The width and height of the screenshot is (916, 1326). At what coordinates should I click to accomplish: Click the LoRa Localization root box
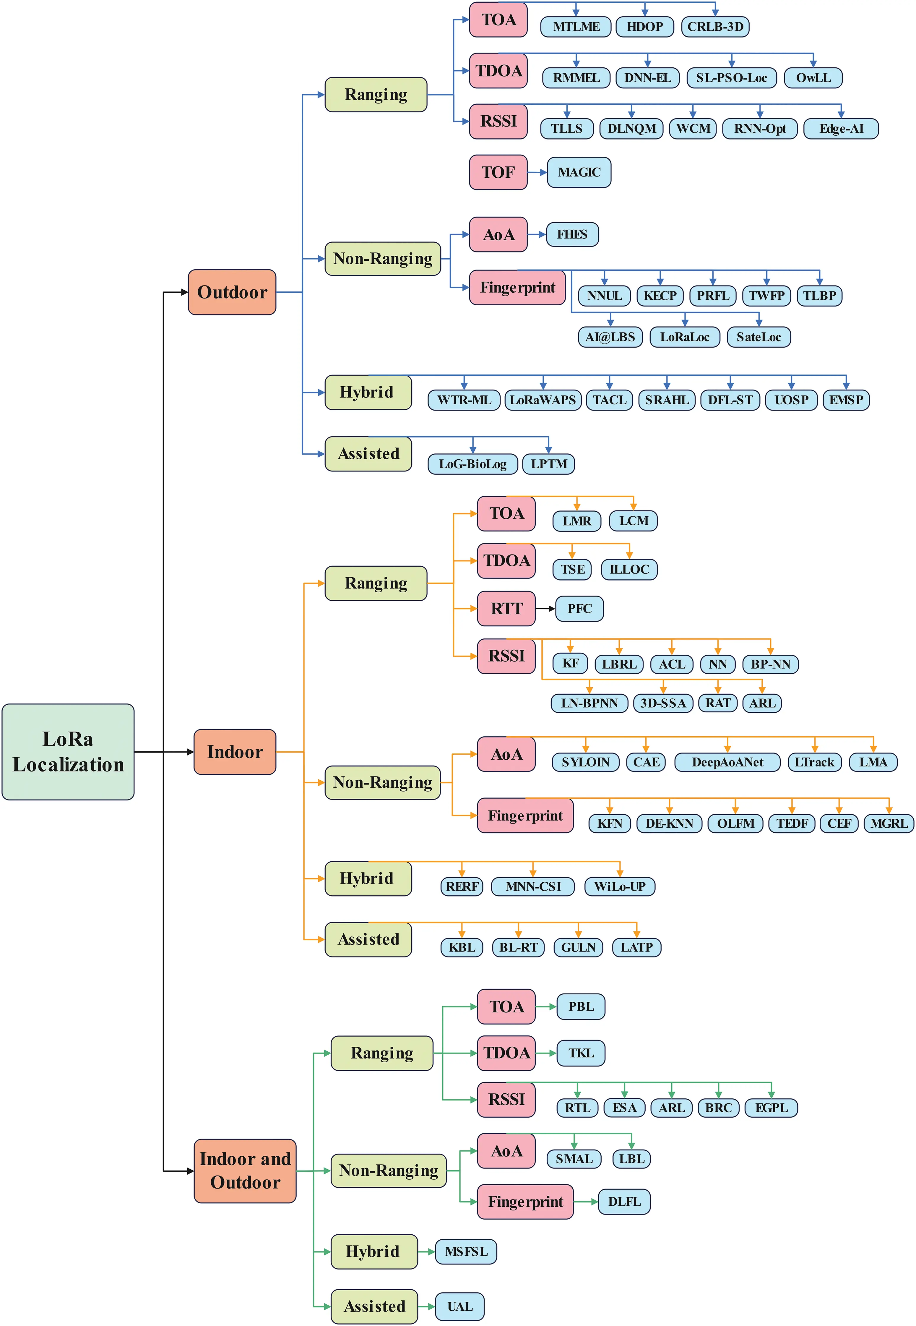point(68,751)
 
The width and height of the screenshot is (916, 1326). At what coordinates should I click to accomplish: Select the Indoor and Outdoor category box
point(245,1171)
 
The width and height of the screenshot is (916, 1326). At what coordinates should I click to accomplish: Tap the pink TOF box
point(498,172)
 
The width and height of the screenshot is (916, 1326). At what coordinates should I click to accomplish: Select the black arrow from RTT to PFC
point(545,609)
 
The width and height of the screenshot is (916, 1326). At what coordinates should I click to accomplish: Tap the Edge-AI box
point(841,129)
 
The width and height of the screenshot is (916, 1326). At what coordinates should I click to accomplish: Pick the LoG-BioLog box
point(472,464)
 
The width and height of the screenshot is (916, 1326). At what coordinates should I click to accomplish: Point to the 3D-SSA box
point(663,703)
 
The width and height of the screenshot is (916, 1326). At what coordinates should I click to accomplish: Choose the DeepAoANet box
point(727,762)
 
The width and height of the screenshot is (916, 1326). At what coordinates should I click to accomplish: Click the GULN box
point(578,947)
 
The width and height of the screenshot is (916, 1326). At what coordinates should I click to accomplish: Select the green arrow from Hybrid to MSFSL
point(426,1252)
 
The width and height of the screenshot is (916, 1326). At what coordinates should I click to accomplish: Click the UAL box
point(460,1306)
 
